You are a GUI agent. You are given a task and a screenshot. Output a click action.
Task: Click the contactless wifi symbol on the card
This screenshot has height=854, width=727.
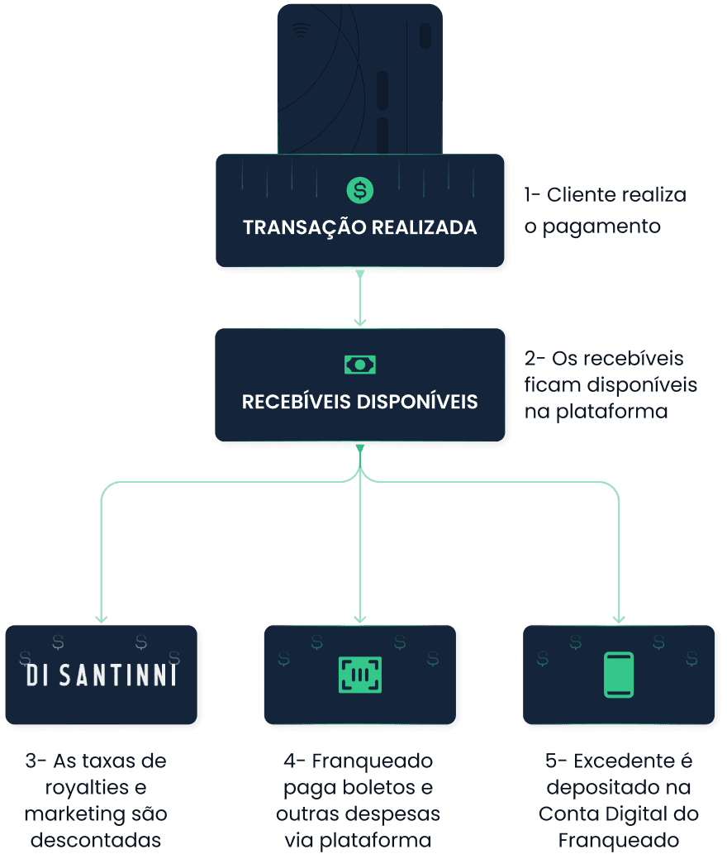click(301, 31)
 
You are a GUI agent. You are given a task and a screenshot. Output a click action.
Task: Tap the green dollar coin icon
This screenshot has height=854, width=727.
click(359, 190)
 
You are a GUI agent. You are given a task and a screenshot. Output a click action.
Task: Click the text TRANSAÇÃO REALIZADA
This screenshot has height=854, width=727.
click(359, 227)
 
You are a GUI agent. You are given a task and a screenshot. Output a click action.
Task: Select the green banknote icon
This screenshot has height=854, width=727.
click(359, 365)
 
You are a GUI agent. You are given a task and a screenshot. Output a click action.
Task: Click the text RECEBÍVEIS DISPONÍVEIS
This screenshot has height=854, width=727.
click(359, 403)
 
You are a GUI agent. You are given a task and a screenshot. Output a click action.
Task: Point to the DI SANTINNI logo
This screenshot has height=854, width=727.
click(102, 675)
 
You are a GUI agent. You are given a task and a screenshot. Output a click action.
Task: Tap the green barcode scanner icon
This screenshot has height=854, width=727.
click(359, 674)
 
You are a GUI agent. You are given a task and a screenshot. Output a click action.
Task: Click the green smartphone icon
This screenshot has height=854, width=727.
click(619, 675)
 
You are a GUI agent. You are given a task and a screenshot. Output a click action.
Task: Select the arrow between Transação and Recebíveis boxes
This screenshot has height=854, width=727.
click(359, 298)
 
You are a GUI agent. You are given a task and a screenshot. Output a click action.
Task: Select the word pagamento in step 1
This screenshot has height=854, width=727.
click(602, 227)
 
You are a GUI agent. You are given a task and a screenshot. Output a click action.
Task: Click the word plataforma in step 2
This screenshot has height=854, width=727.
click(607, 411)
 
